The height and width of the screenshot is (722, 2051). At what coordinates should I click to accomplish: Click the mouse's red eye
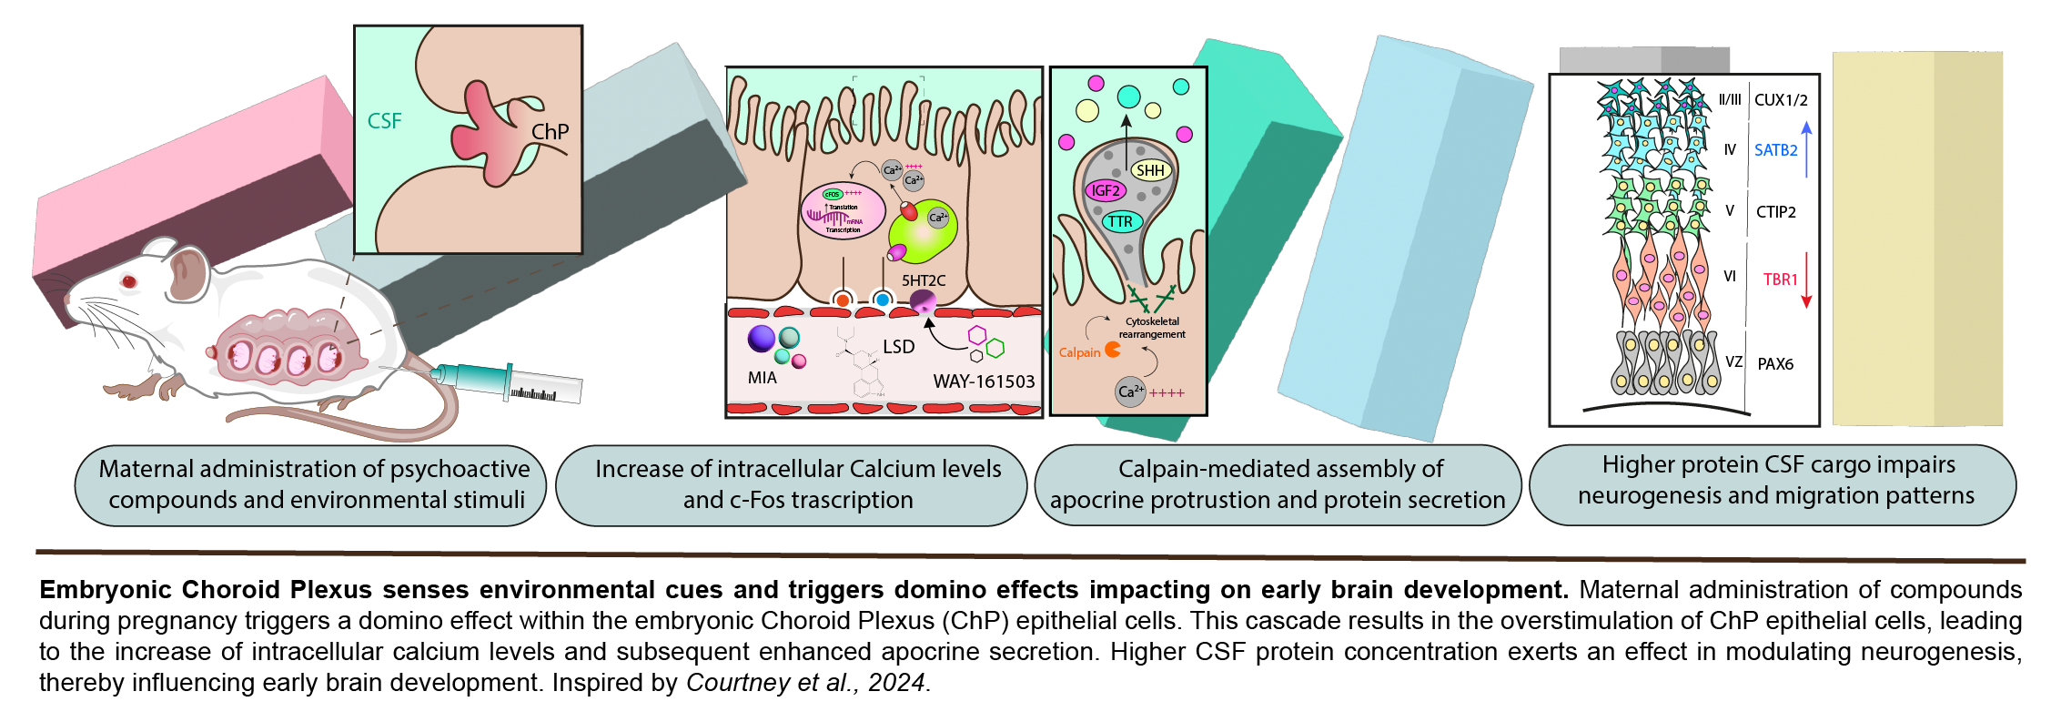point(128,282)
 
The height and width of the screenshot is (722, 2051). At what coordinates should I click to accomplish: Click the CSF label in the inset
point(384,121)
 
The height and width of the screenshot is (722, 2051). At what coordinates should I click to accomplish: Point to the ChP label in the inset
point(550,132)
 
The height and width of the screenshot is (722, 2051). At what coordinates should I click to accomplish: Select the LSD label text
point(898,347)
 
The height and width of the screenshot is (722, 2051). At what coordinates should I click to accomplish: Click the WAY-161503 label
point(984,381)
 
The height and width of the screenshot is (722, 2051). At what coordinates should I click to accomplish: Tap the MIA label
point(762,378)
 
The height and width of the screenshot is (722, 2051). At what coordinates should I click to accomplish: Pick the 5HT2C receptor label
point(924,280)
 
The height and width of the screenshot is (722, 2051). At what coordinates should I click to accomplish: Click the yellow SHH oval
point(1150,170)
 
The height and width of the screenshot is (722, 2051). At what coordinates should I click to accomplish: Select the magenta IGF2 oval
point(1106,190)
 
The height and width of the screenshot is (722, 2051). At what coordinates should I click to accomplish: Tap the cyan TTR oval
point(1120,221)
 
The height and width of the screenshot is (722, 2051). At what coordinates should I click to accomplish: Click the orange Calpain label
point(1079,352)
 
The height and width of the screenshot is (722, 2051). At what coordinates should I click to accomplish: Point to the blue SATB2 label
point(1775,150)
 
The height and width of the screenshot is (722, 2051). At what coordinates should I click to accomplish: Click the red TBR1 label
point(1780,280)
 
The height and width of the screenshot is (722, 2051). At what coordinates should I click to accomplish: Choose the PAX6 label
point(1775,364)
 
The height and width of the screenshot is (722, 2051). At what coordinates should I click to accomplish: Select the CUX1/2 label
point(1781,100)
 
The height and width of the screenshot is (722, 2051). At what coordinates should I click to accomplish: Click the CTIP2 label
point(1775,212)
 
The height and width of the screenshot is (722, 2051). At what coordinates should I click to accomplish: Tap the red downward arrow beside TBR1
point(1807,281)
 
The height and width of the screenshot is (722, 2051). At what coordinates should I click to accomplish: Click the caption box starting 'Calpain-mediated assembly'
point(1278,484)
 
